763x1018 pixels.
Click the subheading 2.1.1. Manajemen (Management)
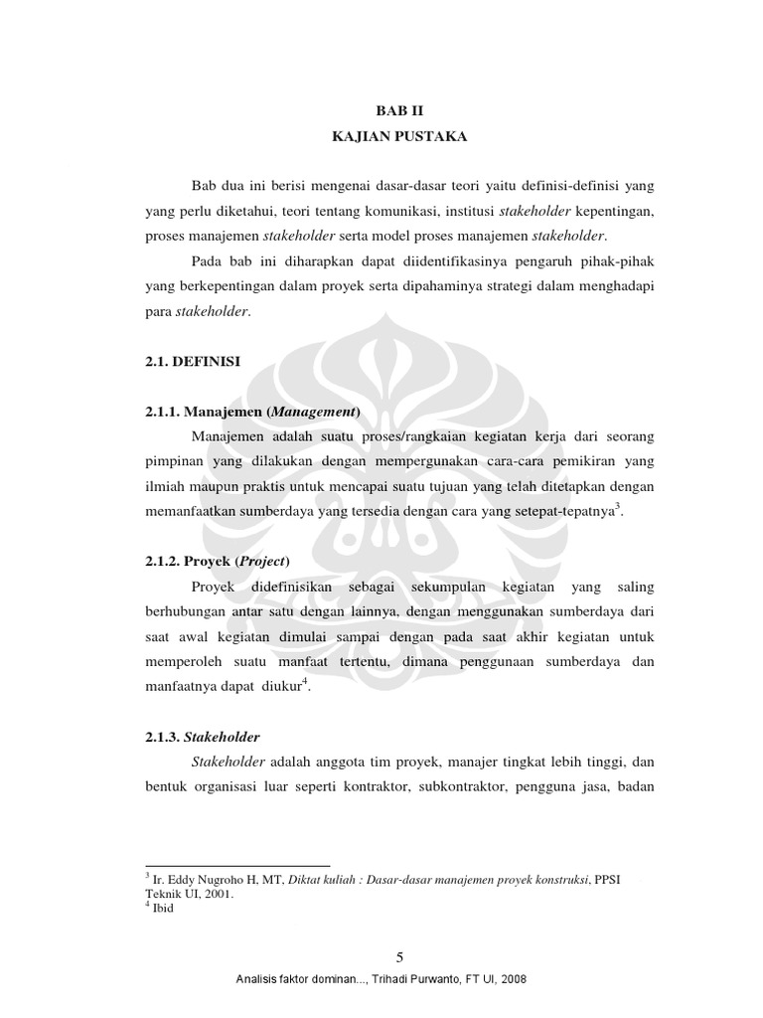click(251, 412)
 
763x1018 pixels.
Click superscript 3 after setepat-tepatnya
click(618, 505)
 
